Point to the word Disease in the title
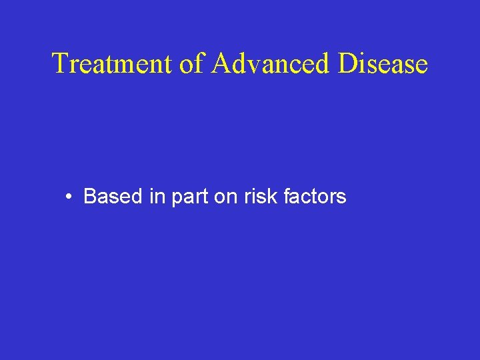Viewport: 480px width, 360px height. tap(383, 64)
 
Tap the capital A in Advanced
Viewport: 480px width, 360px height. tap(224, 64)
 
